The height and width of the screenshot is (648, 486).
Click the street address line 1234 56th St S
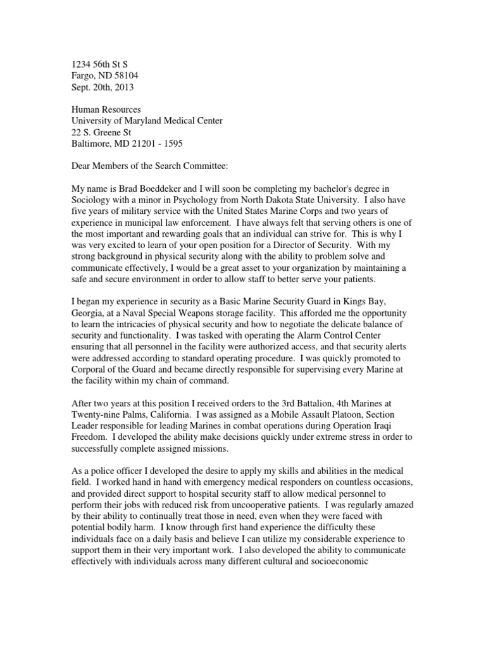pyautogui.click(x=101, y=64)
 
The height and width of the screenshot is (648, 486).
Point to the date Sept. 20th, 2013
pyautogui.click(x=101, y=87)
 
